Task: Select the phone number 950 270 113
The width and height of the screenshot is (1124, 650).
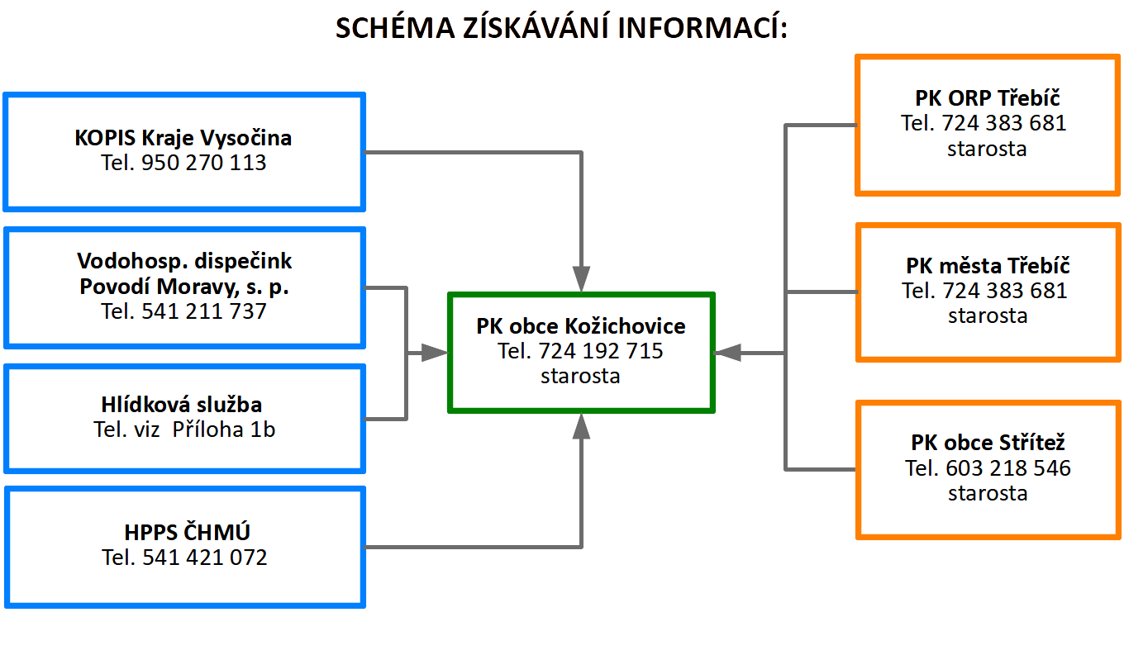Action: pos(203,163)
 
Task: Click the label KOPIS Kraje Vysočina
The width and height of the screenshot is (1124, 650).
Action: pos(183,138)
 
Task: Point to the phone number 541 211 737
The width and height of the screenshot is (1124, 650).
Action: pos(203,311)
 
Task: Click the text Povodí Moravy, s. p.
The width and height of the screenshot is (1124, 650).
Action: pos(184,287)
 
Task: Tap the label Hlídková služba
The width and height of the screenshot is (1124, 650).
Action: pos(182,404)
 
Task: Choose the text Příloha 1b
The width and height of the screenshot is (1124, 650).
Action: pos(224,429)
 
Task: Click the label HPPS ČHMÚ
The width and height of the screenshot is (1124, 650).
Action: pos(187,532)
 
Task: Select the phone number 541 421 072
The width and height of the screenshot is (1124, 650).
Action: pos(205,557)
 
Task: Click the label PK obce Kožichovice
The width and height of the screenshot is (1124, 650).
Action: pos(580,326)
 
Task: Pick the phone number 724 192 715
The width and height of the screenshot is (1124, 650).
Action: pos(601,351)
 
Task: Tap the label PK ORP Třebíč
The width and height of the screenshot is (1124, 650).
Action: pos(988,98)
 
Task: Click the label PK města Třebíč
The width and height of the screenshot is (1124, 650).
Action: pos(988,266)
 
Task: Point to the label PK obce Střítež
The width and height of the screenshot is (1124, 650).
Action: pos(988,443)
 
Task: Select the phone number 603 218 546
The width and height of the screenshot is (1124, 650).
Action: pos(1008,468)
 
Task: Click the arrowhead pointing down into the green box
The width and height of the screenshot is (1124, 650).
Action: pos(581,279)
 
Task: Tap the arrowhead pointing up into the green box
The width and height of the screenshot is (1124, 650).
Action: pos(581,426)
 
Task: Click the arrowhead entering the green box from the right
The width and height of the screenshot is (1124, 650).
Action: pos(727,353)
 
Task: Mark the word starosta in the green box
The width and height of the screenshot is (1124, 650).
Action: pos(580,376)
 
